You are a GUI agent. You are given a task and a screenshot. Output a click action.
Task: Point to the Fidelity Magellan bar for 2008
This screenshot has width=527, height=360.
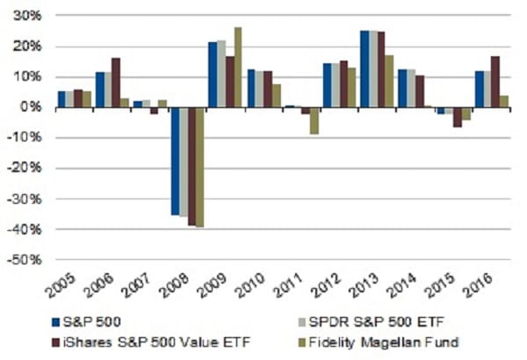[199, 167]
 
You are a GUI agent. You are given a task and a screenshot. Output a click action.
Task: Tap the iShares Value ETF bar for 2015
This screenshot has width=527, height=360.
[458, 117]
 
